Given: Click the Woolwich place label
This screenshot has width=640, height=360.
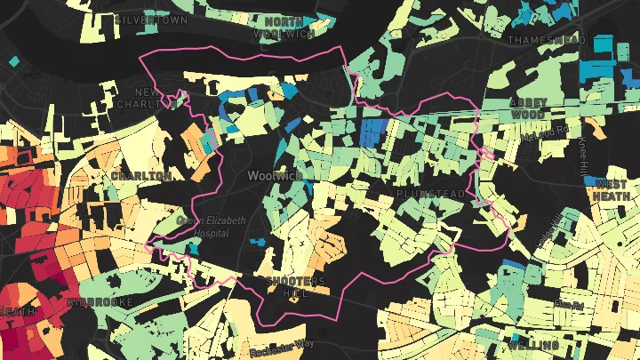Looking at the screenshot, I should [276, 175].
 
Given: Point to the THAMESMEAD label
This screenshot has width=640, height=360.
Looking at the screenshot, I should [547, 40].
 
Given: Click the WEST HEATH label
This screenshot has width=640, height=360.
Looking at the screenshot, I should [611, 190].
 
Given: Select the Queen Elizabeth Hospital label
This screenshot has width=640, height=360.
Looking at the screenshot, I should [211, 226].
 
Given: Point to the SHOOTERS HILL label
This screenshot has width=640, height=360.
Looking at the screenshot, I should [297, 287].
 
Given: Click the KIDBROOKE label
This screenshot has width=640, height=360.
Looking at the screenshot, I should [100, 302].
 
